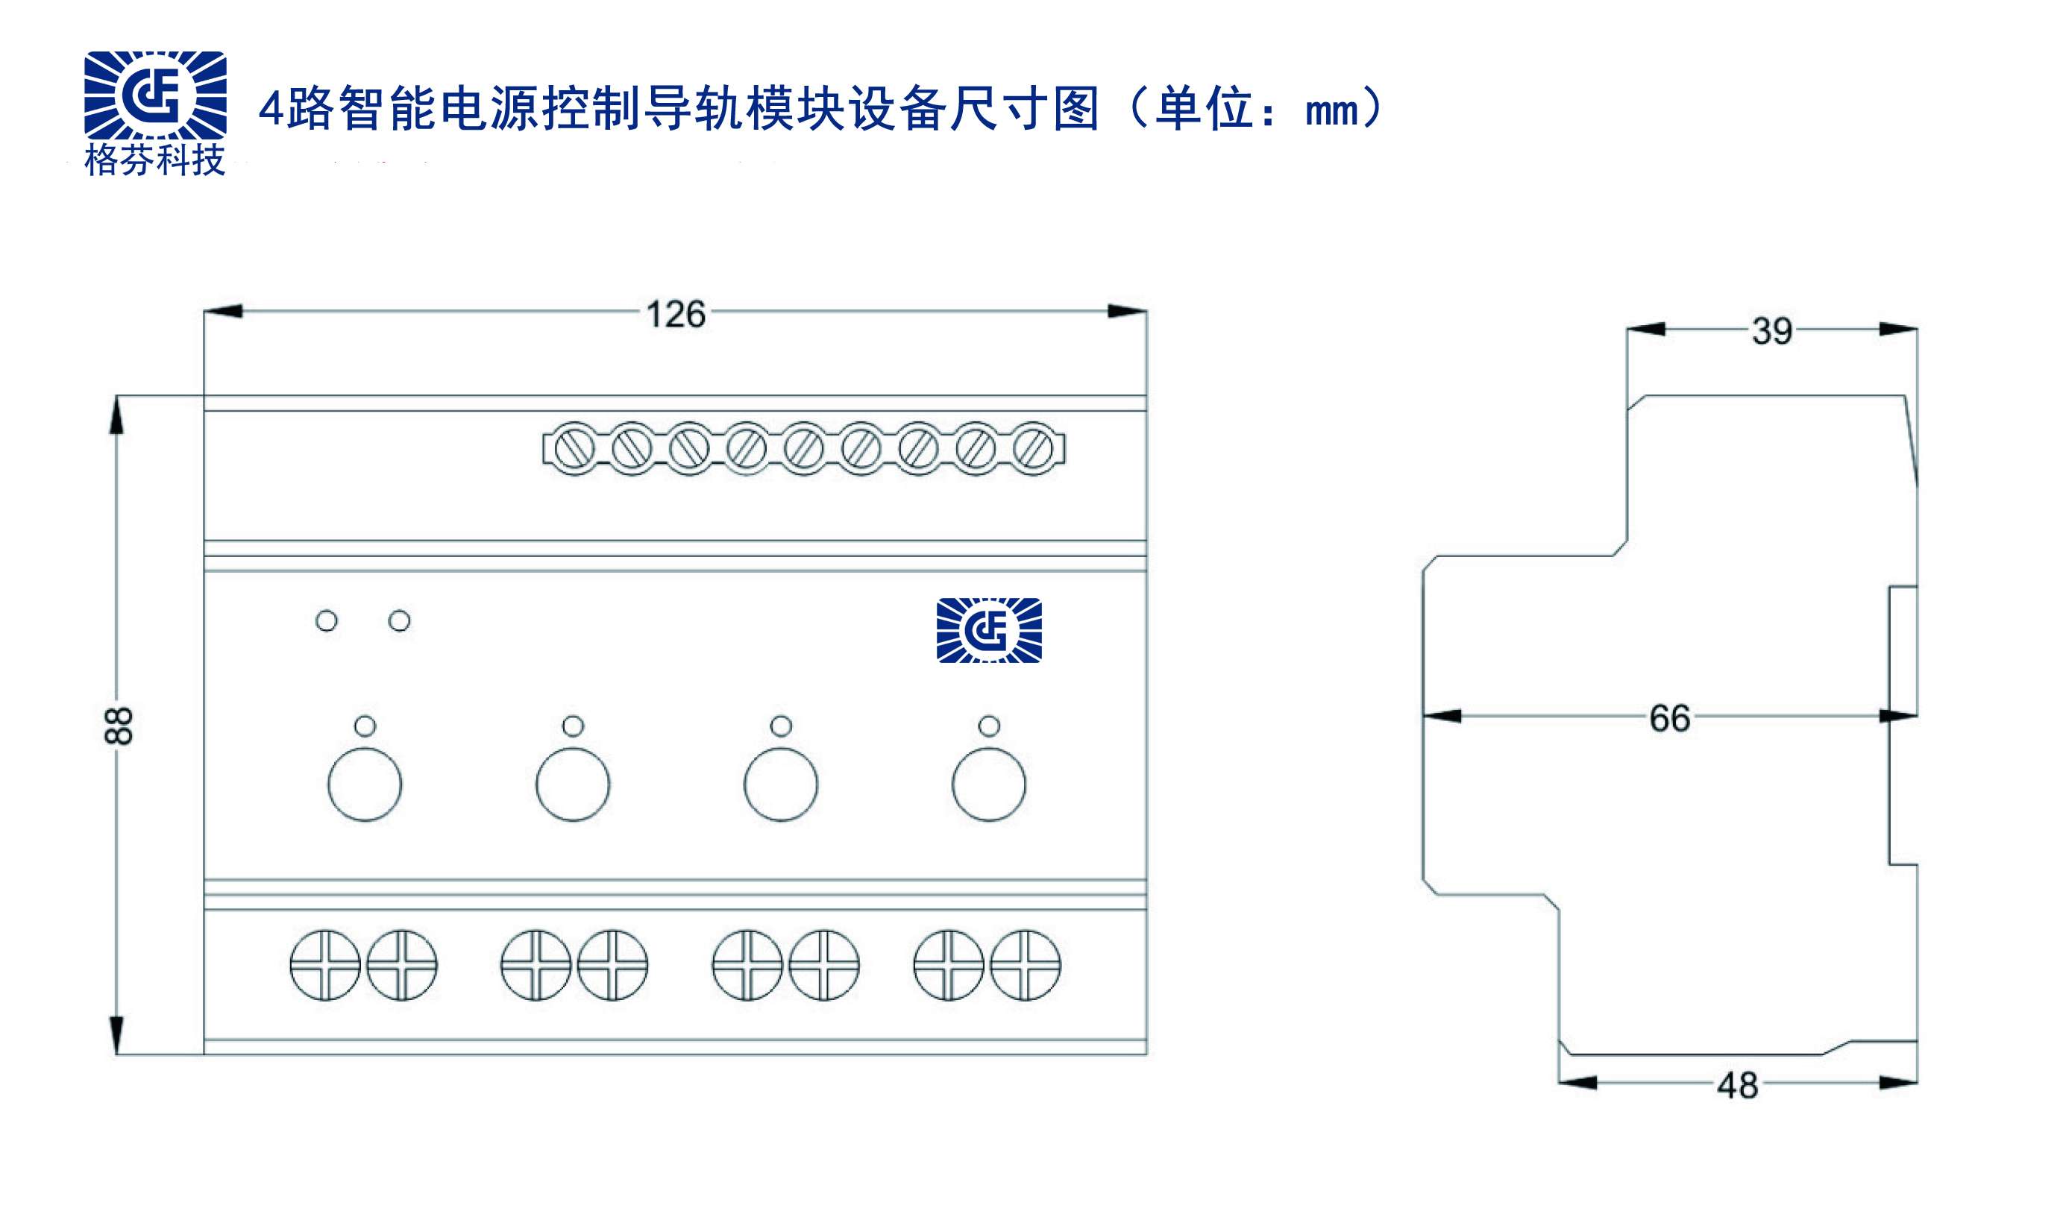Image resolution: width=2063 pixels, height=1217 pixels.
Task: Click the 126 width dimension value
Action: coord(676,315)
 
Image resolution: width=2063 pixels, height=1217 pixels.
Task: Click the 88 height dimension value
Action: coord(119,725)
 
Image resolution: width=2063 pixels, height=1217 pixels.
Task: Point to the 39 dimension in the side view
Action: coord(1772,331)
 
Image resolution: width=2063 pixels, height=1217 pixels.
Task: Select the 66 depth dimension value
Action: coord(1669,718)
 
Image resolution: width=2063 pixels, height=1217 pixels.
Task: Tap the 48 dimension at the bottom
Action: coord(1738,1086)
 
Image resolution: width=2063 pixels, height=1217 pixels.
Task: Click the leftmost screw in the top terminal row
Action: coord(575,449)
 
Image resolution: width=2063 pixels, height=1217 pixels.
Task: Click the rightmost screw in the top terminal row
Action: coord(1033,449)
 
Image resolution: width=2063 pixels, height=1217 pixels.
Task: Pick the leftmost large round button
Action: coord(365,784)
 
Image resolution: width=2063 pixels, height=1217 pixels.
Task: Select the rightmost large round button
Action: coord(989,784)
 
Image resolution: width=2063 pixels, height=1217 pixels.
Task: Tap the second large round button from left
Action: coord(573,784)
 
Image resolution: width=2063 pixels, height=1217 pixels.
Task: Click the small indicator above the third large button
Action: coord(782,726)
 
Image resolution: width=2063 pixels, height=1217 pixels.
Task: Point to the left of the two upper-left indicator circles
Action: coord(327,620)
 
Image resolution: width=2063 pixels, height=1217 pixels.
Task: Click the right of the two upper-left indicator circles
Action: coord(399,620)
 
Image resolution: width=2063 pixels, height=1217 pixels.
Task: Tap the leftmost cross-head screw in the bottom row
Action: coord(325,965)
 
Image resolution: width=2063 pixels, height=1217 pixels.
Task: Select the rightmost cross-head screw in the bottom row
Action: coord(1025,965)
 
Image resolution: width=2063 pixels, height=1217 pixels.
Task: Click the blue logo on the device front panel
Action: coord(989,630)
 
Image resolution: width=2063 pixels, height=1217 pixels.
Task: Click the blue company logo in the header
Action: coord(155,95)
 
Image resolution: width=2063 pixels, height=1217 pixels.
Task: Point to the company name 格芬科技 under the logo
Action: coord(155,160)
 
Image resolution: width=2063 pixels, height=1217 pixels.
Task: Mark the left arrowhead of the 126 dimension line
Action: coord(223,311)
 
